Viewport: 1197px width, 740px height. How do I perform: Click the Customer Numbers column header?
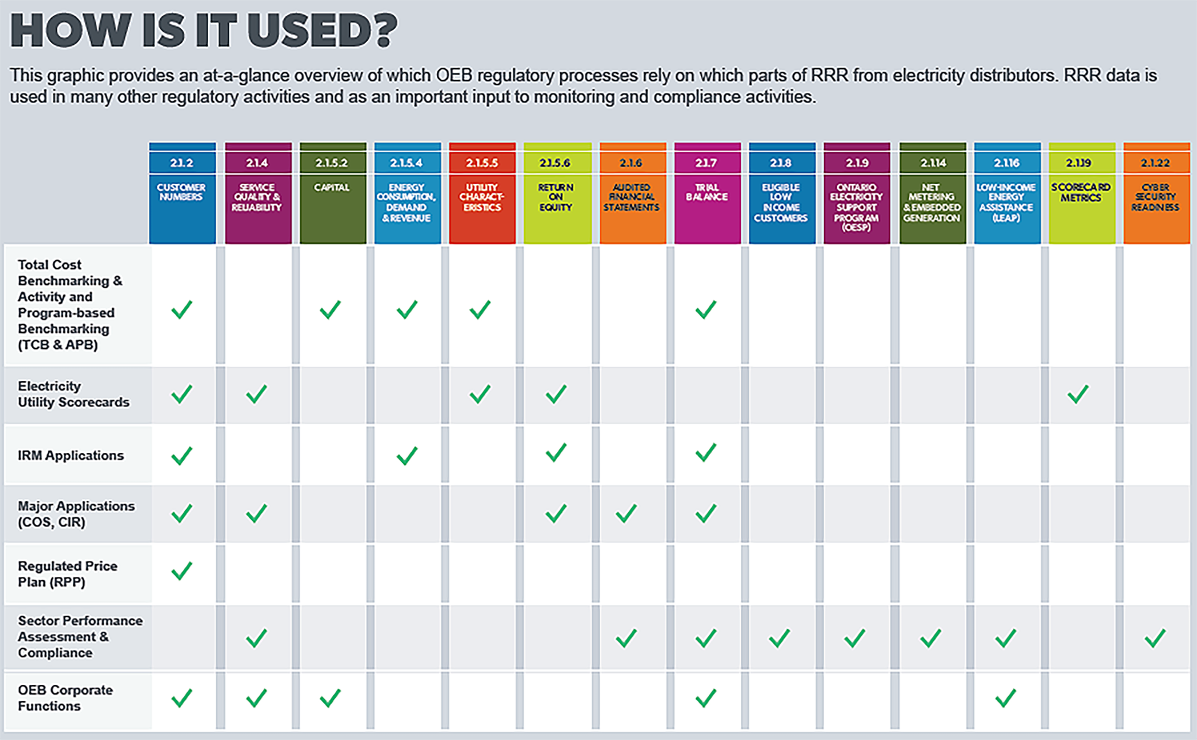pyautogui.click(x=182, y=192)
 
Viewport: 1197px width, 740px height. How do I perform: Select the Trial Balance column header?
pyautogui.click(x=707, y=192)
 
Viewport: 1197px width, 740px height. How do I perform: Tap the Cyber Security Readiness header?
pyautogui.click(x=1155, y=197)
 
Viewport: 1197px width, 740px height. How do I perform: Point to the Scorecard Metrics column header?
pyautogui.click(x=1081, y=192)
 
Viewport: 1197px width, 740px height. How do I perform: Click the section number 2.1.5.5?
pyautogui.click(x=481, y=163)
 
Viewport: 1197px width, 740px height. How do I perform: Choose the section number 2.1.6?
pyautogui.click(x=631, y=163)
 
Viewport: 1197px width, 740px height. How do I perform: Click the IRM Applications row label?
pyautogui.click(x=71, y=456)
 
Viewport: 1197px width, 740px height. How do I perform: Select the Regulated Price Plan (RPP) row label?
pyautogui.click(x=68, y=574)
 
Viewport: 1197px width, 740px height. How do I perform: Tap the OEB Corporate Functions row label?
pyautogui.click(x=65, y=698)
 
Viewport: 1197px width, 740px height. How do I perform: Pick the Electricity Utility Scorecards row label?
pyautogui.click(x=73, y=394)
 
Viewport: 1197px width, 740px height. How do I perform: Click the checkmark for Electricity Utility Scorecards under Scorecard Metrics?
pyautogui.click(x=1078, y=394)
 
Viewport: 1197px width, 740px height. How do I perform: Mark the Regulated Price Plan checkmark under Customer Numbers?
pyautogui.click(x=182, y=571)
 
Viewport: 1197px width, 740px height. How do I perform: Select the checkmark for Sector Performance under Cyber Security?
pyautogui.click(x=1155, y=638)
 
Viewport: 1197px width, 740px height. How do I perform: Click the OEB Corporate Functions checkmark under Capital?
pyautogui.click(x=330, y=698)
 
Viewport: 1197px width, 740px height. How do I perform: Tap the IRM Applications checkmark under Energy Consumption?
pyautogui.click(x=407, y=456)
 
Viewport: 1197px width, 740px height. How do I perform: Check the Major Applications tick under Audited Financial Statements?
pyautogui.click(x=626, y=514)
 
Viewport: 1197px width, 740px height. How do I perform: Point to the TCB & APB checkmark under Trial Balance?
pyautogui.click(x=705, y=309)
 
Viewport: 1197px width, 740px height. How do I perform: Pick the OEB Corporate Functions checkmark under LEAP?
pyautogui.click(x=1006, y=698)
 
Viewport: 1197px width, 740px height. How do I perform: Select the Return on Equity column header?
pyautogui.click(x=556, y=197)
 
